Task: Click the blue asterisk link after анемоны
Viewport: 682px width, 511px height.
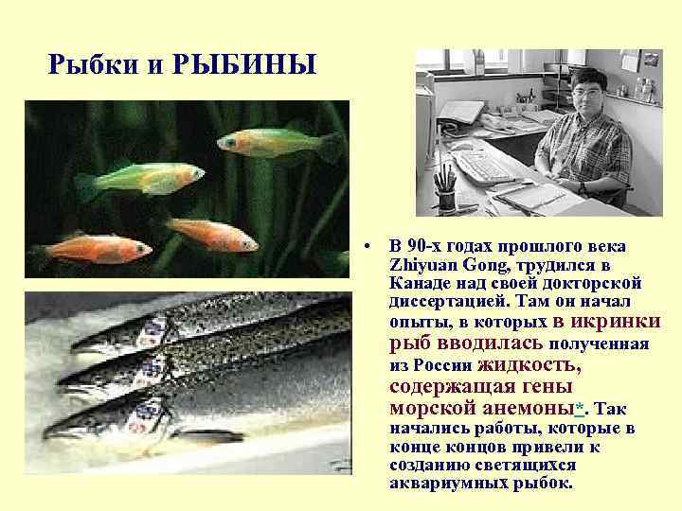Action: (580, 408)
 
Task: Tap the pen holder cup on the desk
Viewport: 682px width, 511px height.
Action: (444, 200)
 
